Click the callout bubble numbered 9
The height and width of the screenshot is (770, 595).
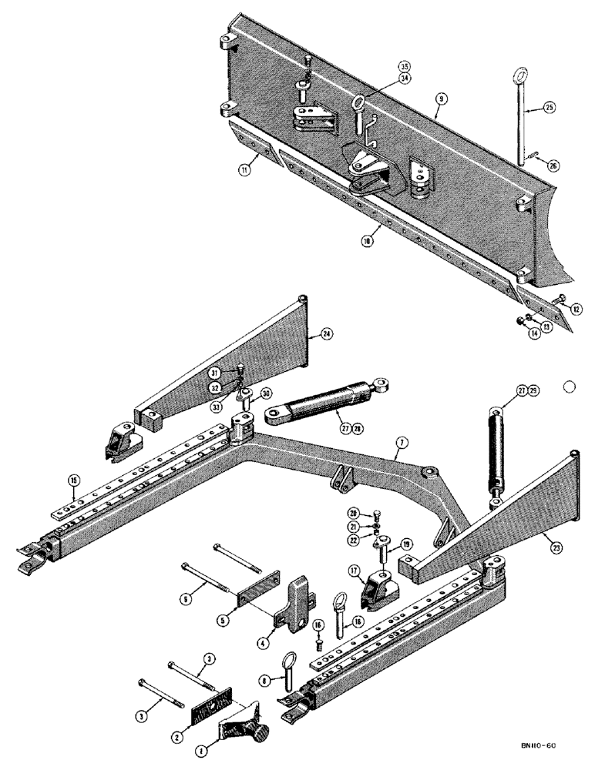click(439, 99)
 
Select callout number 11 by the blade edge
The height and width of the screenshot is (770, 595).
click(244, 170)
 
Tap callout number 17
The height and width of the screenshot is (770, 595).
click(355, 571)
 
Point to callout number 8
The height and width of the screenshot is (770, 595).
click(264, 680)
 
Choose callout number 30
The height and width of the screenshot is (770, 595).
click(265, 393)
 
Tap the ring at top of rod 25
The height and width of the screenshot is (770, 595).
click(519, 76)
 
